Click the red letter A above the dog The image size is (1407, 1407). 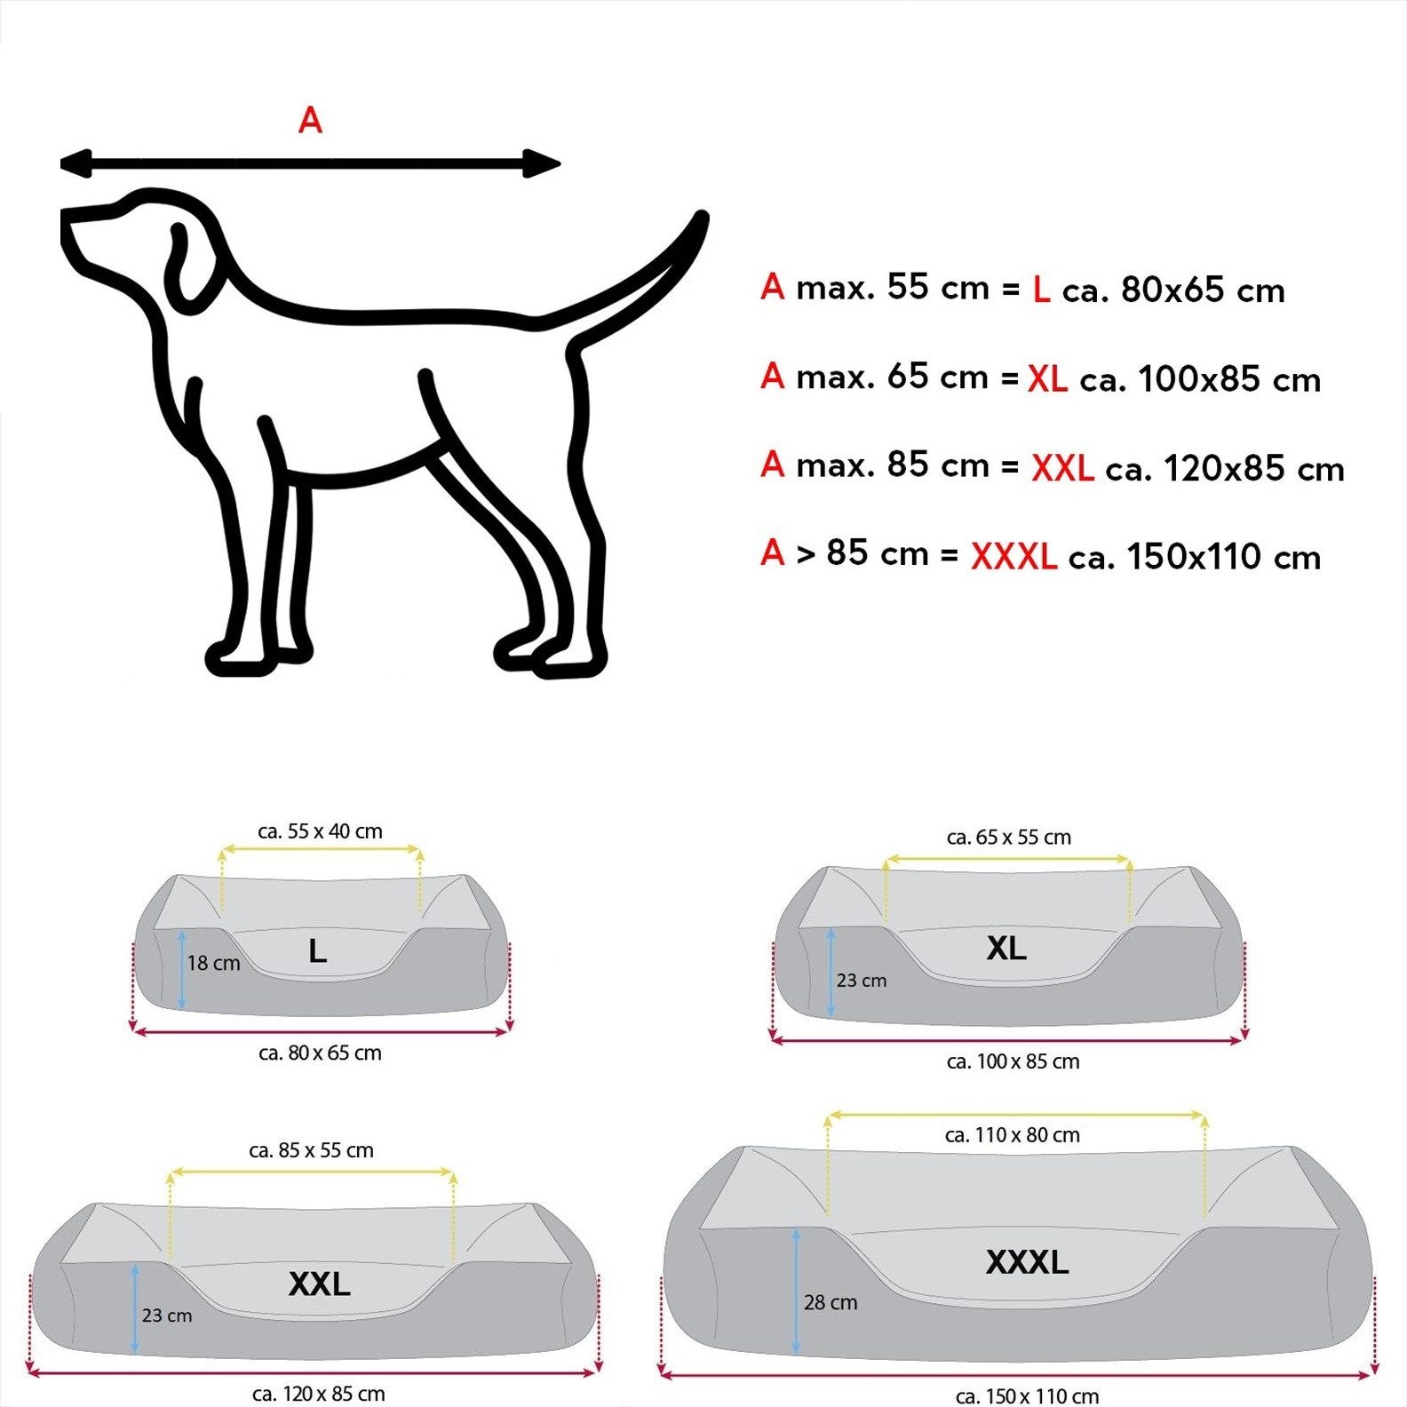(310, 120)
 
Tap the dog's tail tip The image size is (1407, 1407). (701, 218)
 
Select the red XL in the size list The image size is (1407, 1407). (1047, 379)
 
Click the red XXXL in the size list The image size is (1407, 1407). (1014, 557)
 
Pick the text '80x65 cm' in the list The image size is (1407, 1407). (1203, 290)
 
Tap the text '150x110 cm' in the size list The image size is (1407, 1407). (1223, 557)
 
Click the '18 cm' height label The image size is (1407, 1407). (213, 963)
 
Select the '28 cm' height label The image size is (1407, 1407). (831, 1302)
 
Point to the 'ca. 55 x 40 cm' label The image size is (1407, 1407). (320, 831)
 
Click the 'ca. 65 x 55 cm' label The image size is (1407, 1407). (1008, 837)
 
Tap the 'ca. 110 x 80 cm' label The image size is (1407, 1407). (1012, 1135)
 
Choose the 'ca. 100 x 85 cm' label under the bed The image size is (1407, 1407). (1013, 1061)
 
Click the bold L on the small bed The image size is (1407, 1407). (317, 952)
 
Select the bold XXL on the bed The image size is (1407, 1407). (319, 1284)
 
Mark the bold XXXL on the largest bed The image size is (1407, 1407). (1027, 1262)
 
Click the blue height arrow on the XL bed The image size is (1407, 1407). (831, 973)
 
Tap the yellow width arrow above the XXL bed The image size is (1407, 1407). (311, 1172)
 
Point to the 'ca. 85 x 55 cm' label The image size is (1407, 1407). (311, 1150)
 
